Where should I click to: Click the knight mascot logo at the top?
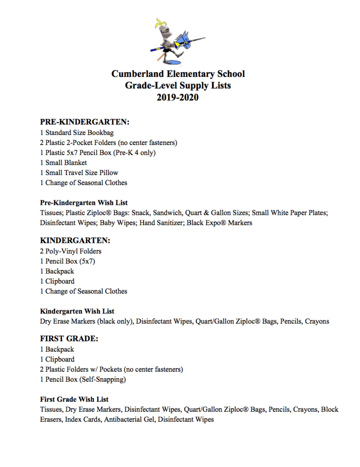click(x=177, y=42)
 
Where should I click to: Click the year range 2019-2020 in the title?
click(x=178, y=97)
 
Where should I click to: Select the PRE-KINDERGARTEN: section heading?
click(x=85, y=122)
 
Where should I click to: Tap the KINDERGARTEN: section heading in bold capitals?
click(x=75, y=240)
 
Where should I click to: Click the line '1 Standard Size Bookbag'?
click(x=77, y=133)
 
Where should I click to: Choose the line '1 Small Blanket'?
click(x=63, y=162)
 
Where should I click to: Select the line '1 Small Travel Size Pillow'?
click(x=79, y=172)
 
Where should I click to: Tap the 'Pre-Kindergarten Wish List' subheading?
click(x=84, y=202)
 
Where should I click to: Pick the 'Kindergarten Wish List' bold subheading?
click(x=77, y=311)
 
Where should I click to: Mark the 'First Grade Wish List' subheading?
click(x=74, y=400)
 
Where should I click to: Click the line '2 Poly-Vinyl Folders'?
click(x=71, y=251)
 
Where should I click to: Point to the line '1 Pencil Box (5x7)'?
click(x=67, y=261)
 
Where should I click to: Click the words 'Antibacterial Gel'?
click(x=129, y=420)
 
